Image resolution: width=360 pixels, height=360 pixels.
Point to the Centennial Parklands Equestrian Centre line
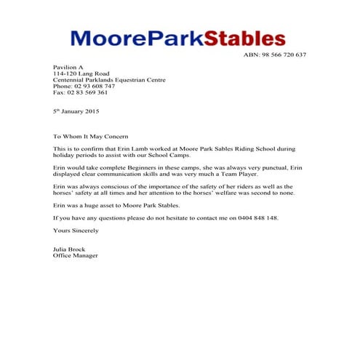pyautogui.click(x=109, y=80)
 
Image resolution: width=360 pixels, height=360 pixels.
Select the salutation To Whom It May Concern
pyautogui.click(x=90, y=137)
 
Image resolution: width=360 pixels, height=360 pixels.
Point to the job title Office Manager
pyautogui.click(x=75, y=256)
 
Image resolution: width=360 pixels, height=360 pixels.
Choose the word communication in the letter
pyautogui.click(x=127, y=175)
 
